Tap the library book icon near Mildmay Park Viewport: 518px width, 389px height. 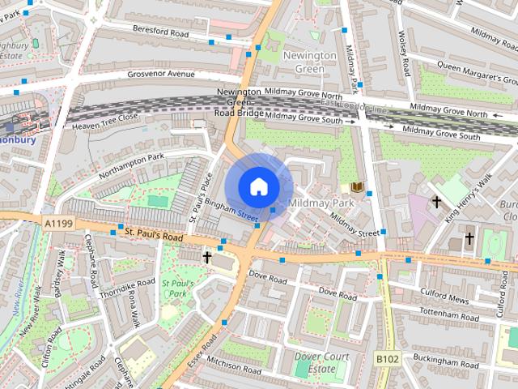(357, 186)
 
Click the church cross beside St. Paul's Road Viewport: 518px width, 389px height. (207, 258)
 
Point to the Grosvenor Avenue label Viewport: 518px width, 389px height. (161, 75)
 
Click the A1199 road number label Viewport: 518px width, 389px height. (59, 221)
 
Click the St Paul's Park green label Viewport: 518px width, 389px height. (175, 289)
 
